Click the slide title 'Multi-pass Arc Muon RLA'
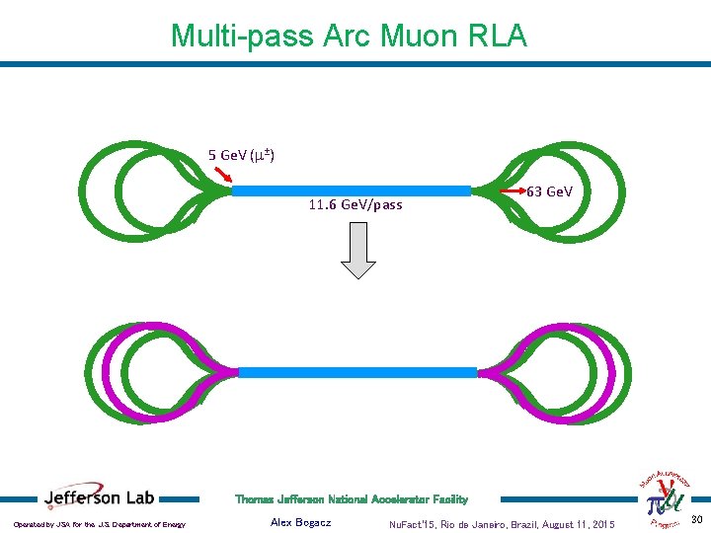(349, 37)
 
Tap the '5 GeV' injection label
(241, 155)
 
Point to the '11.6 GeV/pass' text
(355, 205)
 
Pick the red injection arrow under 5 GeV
(223, 177)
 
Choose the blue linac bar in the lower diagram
(357, 372)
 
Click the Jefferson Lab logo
(99, 497)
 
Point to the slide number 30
(696, 520)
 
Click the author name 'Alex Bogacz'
(300, 522)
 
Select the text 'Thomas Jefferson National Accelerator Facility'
(352, 499)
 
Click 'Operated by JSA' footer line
(100, 524)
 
